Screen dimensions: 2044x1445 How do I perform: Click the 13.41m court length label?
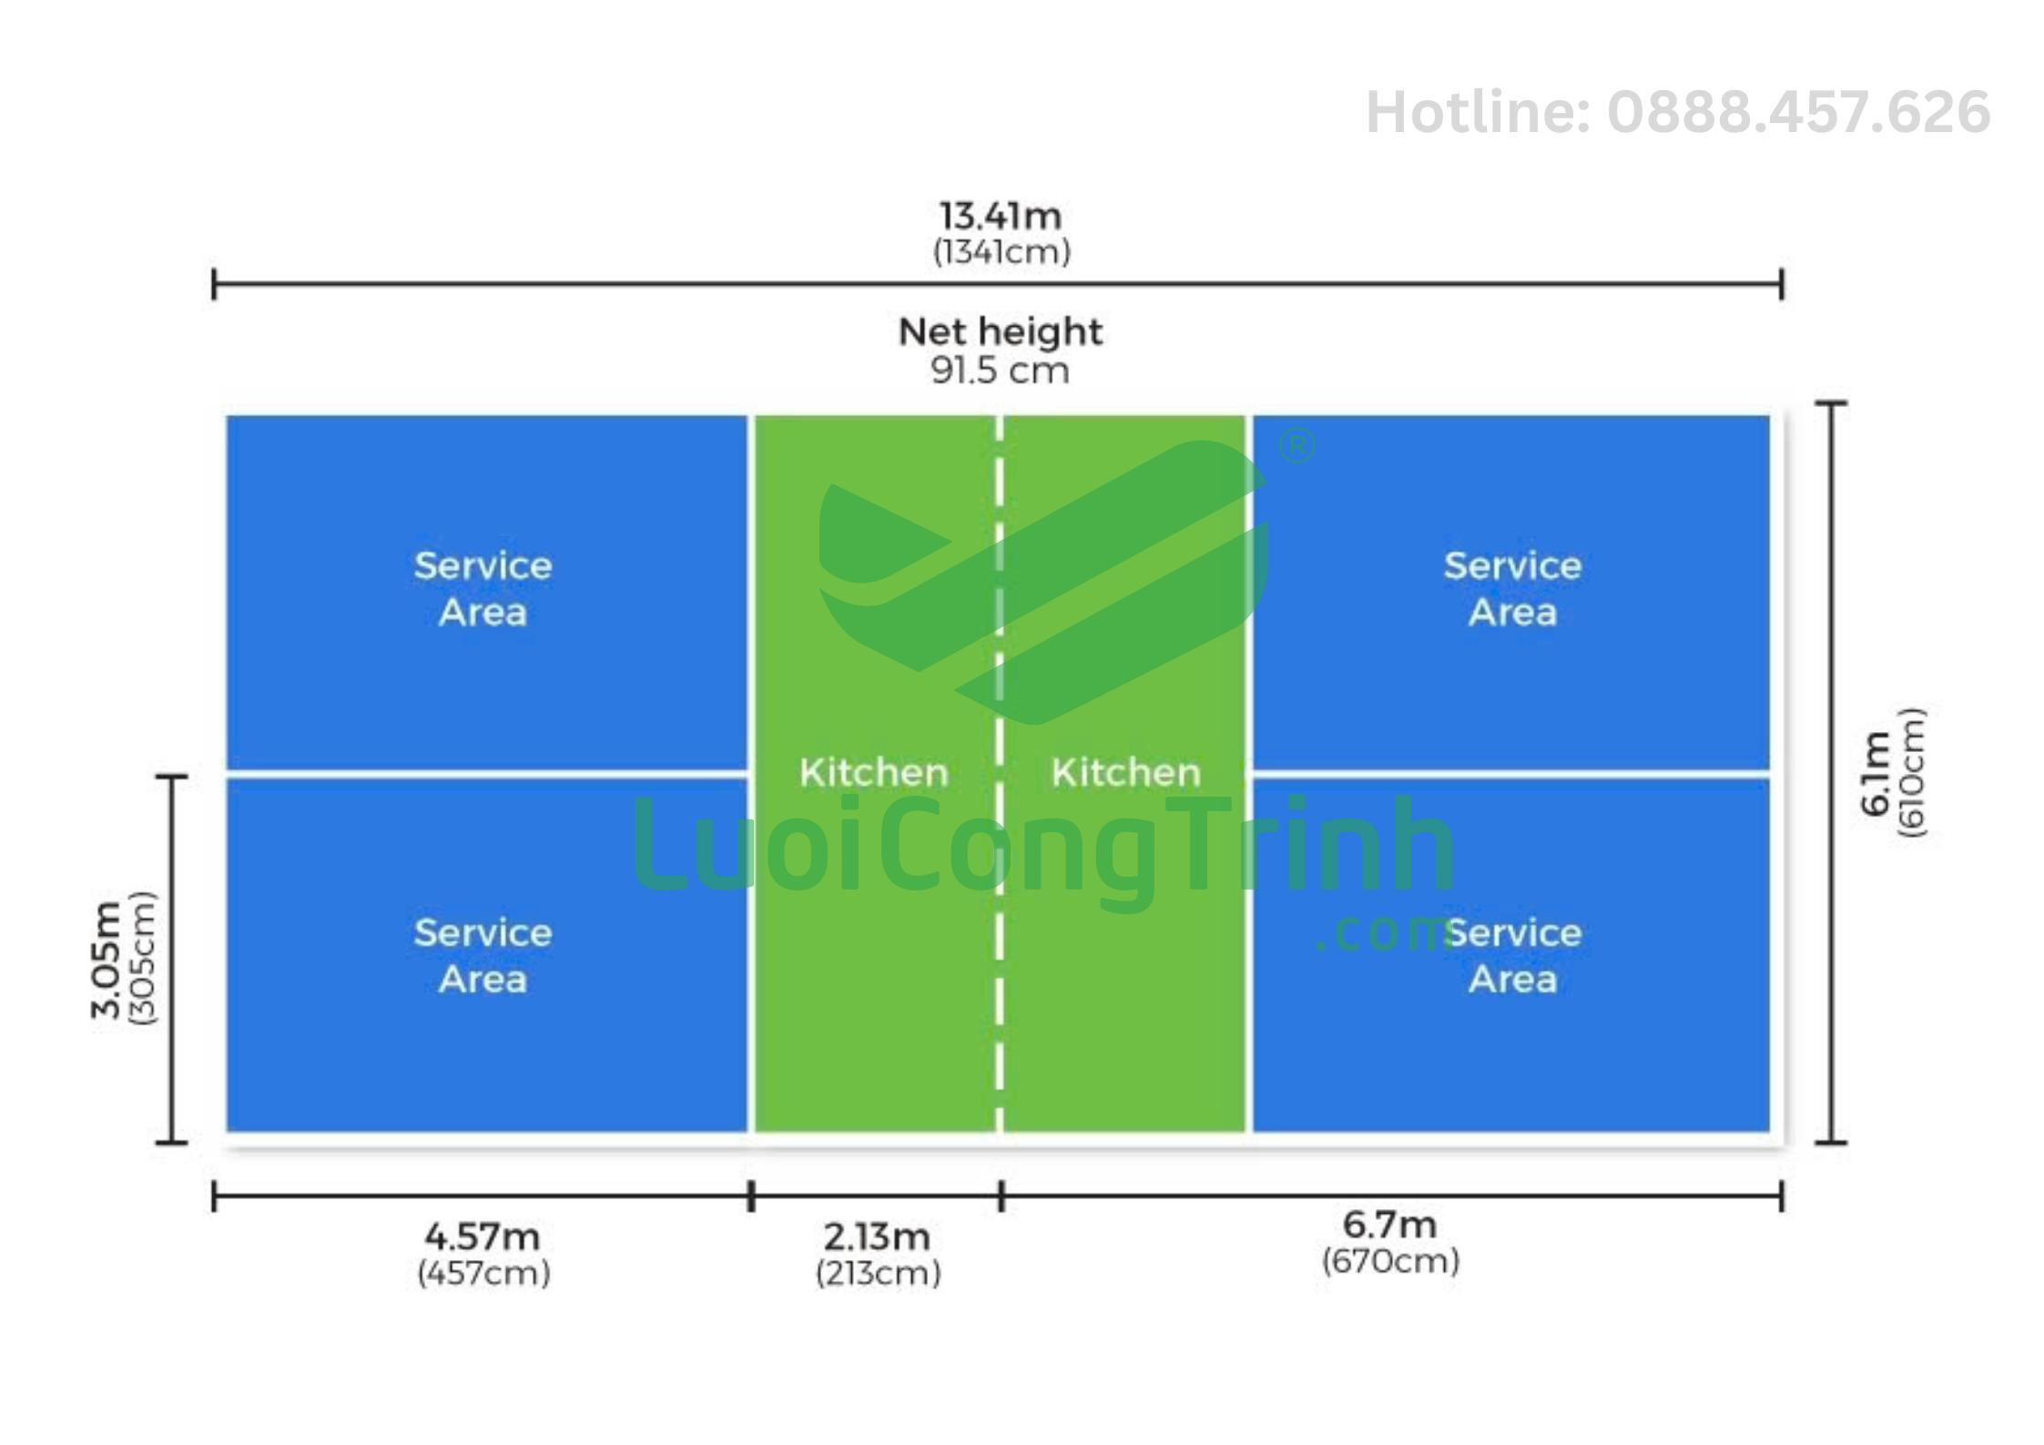pyautogui.click(x=1001, y=217)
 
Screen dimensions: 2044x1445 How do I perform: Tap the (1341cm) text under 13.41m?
pyautogui.click(x=1002, y=252)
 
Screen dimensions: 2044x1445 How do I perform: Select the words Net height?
pyautogui.click(x=1001, y=332)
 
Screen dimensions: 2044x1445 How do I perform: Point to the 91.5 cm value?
pyautogui.click(x=1000, y=371)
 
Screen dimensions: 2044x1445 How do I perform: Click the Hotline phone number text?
pyautogui.click(x=1678, y=113)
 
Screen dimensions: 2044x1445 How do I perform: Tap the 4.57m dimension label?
pyautogui.click(x=483, y=1236)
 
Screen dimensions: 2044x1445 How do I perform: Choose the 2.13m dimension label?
pyautogui.click(x=878, y=1236)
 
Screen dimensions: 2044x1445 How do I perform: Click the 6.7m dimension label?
pyautogui.click(x=1390, y=1226)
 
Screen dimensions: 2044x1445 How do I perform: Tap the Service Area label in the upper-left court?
pyautogui.click(x=483, y=589)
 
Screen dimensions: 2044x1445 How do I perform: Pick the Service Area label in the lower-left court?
pyautogui.click(x=483, y=956)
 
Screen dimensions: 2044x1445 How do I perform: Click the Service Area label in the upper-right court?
pyautogui.click(x=1513, y=589)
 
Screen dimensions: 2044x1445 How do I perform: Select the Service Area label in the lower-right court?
pyautogui.click(x=1513, y=956)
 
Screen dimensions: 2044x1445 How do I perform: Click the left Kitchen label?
pyautogui.click(x=874, y=773)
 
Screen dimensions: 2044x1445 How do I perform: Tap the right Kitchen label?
pyautogui.click(x=1126, y=773)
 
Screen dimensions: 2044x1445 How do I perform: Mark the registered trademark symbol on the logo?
pyautogui.click(x=1297, y=446)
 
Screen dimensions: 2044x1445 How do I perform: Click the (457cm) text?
pyautogui.click(x=484, y=1273)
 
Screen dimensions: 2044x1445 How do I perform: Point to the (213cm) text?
pyautogui.click(x=879, y=1273)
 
